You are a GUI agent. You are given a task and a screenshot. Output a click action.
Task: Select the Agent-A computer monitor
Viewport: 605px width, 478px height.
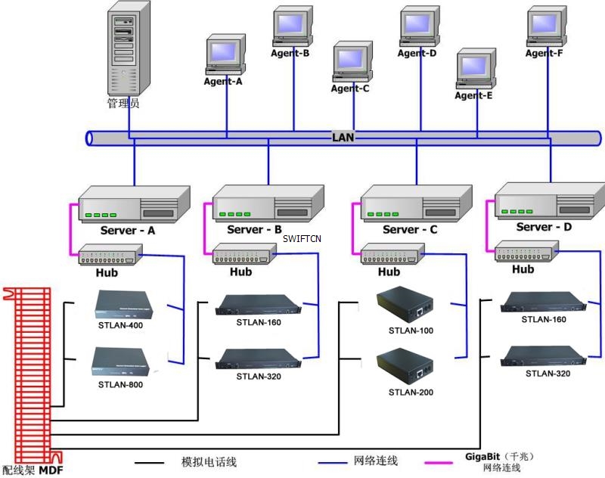point(222,54)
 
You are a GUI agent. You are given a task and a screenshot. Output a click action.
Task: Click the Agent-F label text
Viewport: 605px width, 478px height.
point(544,54)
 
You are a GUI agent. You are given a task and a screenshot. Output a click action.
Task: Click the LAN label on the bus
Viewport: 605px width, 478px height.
point(343,138)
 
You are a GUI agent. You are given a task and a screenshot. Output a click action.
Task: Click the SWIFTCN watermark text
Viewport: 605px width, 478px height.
point(302,238)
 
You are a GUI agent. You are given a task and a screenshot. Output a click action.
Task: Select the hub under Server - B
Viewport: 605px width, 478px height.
point(241,254)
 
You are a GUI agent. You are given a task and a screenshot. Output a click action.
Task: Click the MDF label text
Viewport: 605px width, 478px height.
point(51,470)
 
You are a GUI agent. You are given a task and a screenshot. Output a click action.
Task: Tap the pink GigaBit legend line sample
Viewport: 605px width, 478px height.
point(443,461)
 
